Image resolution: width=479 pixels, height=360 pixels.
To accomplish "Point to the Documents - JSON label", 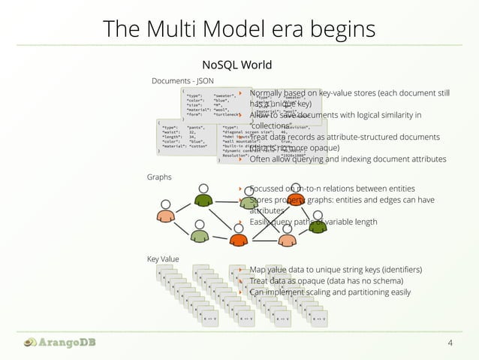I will point(182,80).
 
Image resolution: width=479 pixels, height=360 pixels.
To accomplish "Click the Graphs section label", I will point(160,177).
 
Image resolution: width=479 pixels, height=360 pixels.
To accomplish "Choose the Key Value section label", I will point(163,259).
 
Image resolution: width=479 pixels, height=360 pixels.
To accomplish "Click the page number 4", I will point(450,343).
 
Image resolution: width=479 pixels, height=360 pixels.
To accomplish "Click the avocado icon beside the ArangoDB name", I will point(29,343).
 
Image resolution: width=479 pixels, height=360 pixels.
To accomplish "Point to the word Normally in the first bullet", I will point(270,93).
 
